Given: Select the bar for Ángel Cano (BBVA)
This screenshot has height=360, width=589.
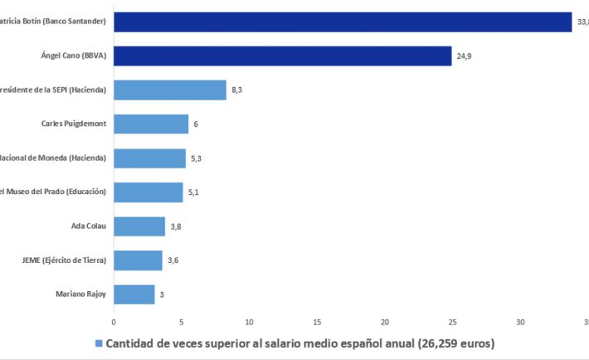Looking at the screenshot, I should pyautogui.click(x=282, y=56).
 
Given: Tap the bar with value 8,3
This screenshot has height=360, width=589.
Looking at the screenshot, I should pyautogui.click(x=169, y=90).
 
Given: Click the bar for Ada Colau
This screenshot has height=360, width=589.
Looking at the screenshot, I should pyautogui.click(x=139, y=226).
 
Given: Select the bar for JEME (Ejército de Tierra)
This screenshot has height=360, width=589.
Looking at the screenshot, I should pyautogui.click(x=138, y=260).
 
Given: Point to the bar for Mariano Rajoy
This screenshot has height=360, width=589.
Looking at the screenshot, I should pyautogui.click(x=134, y=294).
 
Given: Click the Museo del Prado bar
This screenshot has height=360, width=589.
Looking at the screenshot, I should pyautogui.click(x=148, y=192).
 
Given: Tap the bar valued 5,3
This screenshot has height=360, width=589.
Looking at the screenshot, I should pyautogui.click(x=149, y=158).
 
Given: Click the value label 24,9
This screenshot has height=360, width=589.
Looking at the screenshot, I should pyautogui.click(x=464, y=56).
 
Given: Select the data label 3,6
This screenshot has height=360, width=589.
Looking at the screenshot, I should pyautogui.click(x=173, y=260).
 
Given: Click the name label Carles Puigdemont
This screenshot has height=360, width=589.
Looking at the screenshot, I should pyautogui.click(x=74, y=124).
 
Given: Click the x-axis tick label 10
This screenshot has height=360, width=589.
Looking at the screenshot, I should pyautogui.click(x=249, y=321).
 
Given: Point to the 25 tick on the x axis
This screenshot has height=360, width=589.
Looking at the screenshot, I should pyautogui.click(x=453, y=321).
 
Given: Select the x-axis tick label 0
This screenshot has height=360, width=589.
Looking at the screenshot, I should pyautogui.click(x=114, y=321).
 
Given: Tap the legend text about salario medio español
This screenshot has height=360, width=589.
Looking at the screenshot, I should pyautogui.click(x=299, y=343).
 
